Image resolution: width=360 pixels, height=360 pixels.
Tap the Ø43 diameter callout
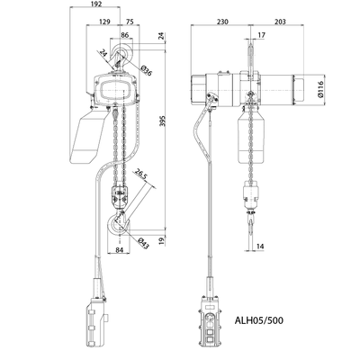(x=144, y=240)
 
